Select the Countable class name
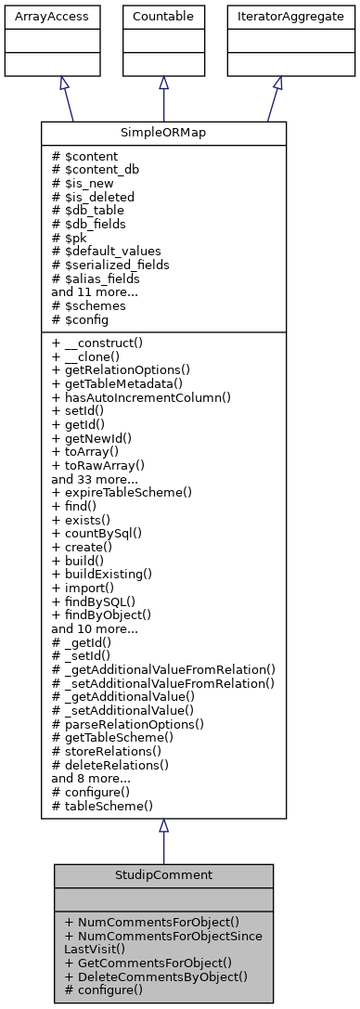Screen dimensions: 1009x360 coord(163,17)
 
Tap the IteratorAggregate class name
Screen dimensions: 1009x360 coord(277,17)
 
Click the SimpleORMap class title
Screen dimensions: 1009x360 coord(163,133)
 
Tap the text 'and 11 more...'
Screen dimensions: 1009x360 coord(95,291)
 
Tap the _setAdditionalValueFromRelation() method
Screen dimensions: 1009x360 coord(163,683)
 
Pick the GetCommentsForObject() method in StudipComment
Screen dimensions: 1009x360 coord(148,963)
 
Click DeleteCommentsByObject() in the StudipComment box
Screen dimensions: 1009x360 coord(156,976)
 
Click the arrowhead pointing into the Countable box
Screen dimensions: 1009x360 coord(163,83)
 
